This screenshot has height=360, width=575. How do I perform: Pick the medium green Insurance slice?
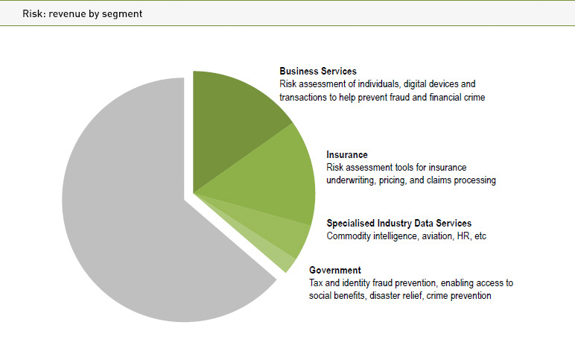pyautogui.click(x=276, y=179)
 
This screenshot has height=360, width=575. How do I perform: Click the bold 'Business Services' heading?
pyautogui.click(x=318, y=72)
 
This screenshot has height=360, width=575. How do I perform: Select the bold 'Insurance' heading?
pyautogui.click(x=347, y=155)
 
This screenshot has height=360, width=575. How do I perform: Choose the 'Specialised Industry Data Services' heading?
pyautogui.click(x=399, y=223)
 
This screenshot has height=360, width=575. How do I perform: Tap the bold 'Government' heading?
pyautogui.click(x=335, y=270)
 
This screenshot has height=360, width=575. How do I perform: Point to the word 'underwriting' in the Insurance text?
pyautogui.click(x=351, y=180)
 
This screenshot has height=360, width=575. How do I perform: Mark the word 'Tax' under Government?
pyautogui.click(x=317, y=283)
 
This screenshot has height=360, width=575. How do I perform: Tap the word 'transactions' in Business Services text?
pyautogui.click(x=302, y=97)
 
